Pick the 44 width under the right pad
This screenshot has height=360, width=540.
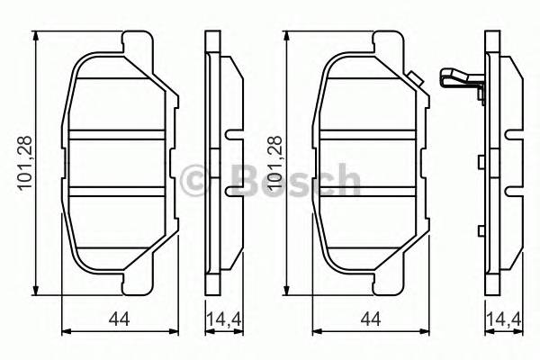coord(369,318)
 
